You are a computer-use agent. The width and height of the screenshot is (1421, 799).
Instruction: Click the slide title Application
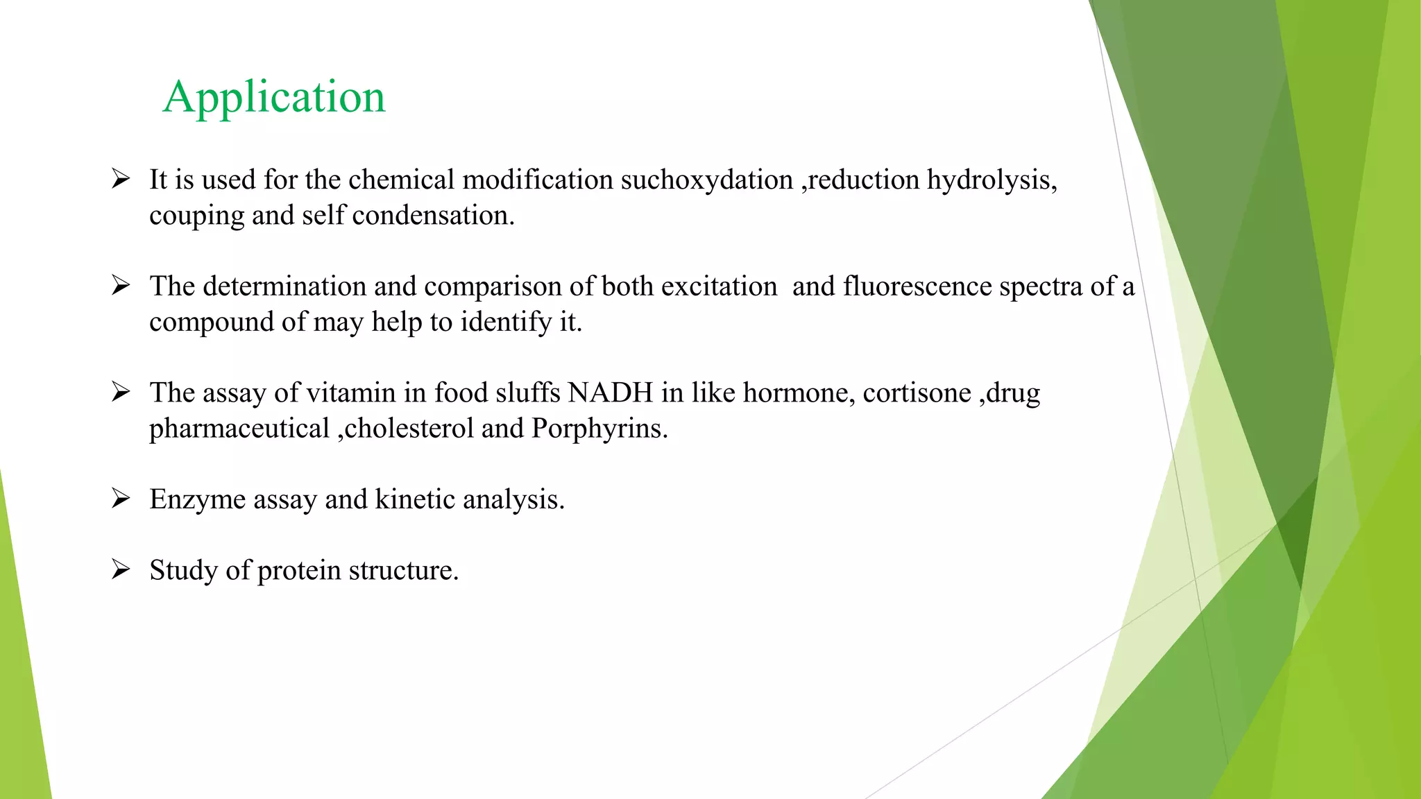274,97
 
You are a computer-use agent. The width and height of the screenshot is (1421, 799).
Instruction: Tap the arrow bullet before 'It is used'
121,180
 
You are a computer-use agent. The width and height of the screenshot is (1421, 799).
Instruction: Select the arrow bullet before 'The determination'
121,286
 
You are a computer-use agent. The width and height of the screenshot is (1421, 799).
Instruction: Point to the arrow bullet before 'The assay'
121,393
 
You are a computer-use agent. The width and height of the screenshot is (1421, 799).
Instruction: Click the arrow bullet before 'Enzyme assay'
121,499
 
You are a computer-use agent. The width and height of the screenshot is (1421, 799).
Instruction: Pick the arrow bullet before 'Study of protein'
121,570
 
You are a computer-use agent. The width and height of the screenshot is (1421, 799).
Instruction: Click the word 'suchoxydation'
706,180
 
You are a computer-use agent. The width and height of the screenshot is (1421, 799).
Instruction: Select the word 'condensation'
432,216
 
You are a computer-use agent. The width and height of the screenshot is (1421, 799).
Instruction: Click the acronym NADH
611,393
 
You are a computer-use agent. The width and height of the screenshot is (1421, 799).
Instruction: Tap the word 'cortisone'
917,393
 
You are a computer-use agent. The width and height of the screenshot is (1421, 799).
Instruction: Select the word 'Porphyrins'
599,429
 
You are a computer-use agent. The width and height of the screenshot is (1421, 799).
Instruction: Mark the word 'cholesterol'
409,429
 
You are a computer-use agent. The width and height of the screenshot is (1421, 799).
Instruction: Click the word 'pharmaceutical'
239,429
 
